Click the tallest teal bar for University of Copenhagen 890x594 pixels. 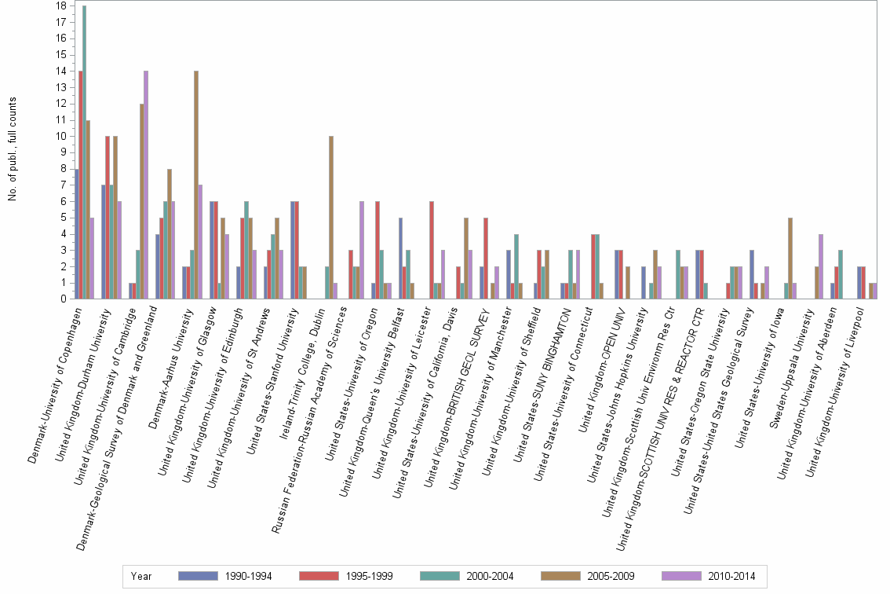tap(85, 152)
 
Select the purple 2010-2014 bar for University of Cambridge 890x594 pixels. tap(145, 185)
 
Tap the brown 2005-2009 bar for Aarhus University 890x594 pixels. tap(195, 185)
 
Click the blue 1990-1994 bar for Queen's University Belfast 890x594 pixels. tap(400, 258)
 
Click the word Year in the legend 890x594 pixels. tap(142, 576)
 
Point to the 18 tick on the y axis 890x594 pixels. tap(60, 6)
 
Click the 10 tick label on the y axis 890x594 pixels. tap(60, 136)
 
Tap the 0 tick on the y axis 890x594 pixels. tap(63, 299)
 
